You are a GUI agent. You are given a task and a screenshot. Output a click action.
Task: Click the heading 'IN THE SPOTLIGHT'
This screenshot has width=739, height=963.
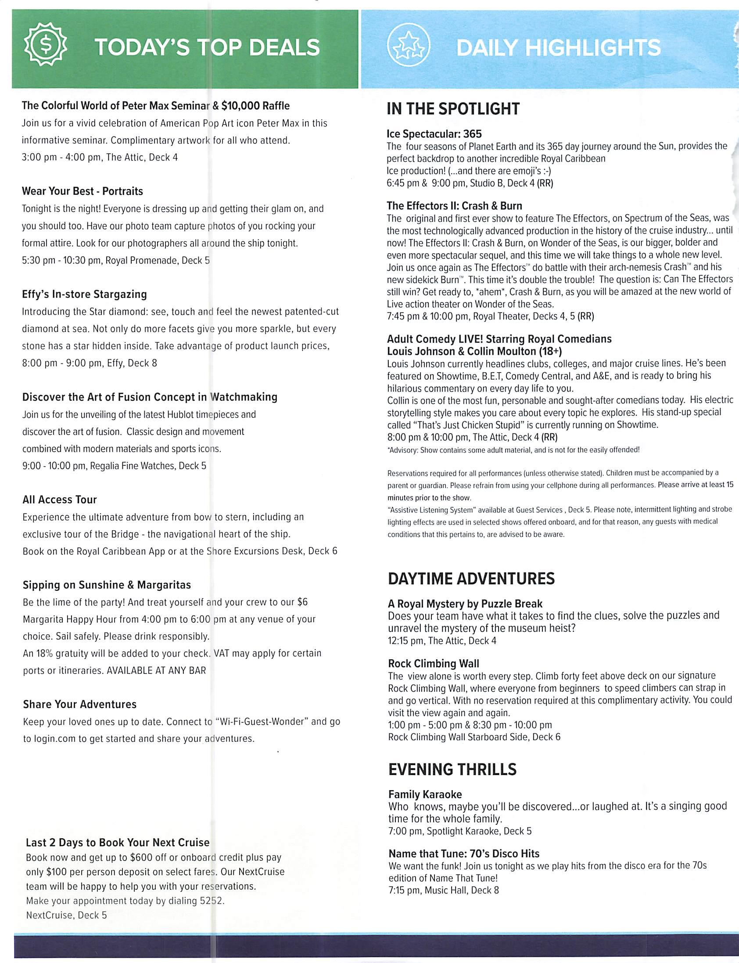[x=453, y=109]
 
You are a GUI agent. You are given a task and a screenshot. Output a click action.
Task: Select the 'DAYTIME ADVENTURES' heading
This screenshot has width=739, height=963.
[x=471, y=579]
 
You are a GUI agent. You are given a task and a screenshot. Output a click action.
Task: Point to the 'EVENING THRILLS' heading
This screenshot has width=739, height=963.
[x=452, y=769]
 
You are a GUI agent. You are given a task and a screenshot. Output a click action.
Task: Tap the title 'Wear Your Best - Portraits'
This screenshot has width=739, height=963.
[x=82, y=191]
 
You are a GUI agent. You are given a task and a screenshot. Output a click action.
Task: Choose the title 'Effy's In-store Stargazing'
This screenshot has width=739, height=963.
[x=84, y=295]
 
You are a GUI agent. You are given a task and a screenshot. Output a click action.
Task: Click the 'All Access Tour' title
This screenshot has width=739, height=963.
[x=59, y=500]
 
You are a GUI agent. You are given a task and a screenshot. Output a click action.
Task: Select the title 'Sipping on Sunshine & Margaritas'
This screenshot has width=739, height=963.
[x=107, y=585]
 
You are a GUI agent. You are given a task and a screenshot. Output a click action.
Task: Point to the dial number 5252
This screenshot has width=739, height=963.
[x=211, y=901]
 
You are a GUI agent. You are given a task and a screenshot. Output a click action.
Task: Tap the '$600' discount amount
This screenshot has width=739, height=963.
[x=142, y=857]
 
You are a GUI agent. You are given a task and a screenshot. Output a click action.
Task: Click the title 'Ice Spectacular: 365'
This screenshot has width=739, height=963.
[x=434, y=134]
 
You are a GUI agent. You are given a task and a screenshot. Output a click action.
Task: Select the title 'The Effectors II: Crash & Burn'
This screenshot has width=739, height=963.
[x=454, y=206]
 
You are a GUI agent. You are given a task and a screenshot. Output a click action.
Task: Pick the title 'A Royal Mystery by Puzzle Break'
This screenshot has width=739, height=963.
[x=465, y=604]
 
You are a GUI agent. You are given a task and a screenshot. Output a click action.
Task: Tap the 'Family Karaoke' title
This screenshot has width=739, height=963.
[x=425, y=794]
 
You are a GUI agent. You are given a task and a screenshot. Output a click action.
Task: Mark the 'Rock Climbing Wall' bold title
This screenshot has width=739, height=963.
[x=433, y=663]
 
